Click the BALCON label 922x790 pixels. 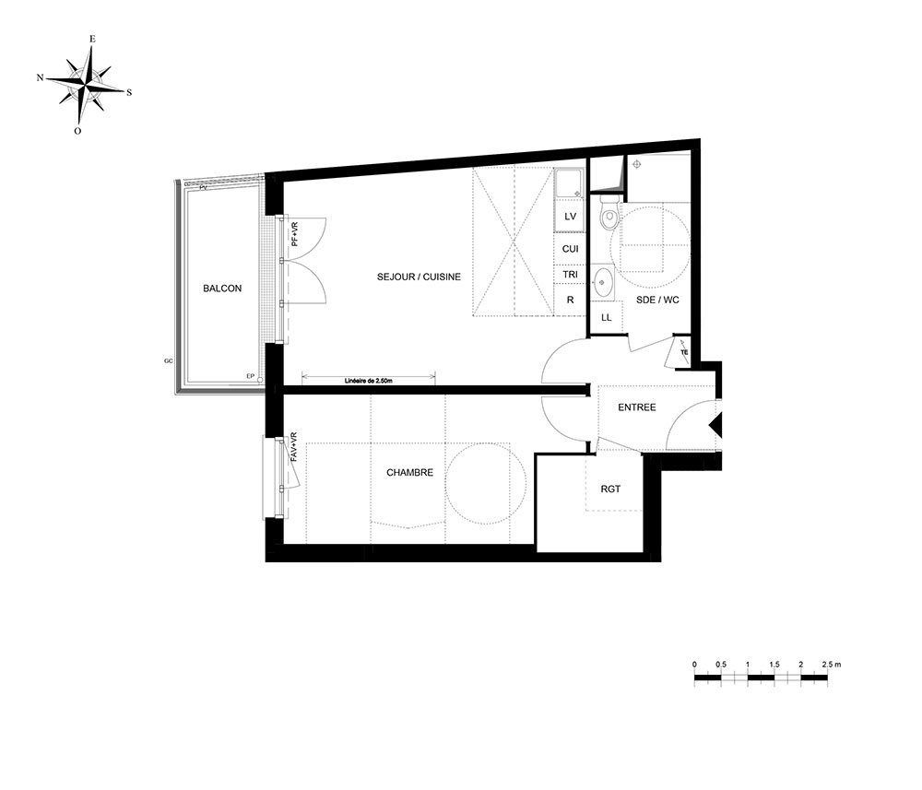point(222,288)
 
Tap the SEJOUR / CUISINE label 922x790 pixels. point(419,277)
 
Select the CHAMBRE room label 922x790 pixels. point(410,473)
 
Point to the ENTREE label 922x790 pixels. point(637,407)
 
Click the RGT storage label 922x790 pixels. point(610,489)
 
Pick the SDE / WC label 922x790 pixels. point(657,300)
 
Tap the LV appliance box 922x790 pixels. point(570,217)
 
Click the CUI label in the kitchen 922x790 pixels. point(571,249)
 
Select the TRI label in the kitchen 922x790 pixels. point(571,275)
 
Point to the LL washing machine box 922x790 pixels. point(607,317)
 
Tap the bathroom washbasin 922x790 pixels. point(603,282)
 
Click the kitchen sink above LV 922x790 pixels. point(569,184)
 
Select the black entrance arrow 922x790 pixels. point(715,424)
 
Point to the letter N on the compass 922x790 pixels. point(40,77)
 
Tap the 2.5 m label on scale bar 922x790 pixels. point(832,665)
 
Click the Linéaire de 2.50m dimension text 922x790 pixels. point(369,381)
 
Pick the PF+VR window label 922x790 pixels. point(295,234)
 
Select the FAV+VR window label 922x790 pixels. point(293,447)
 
